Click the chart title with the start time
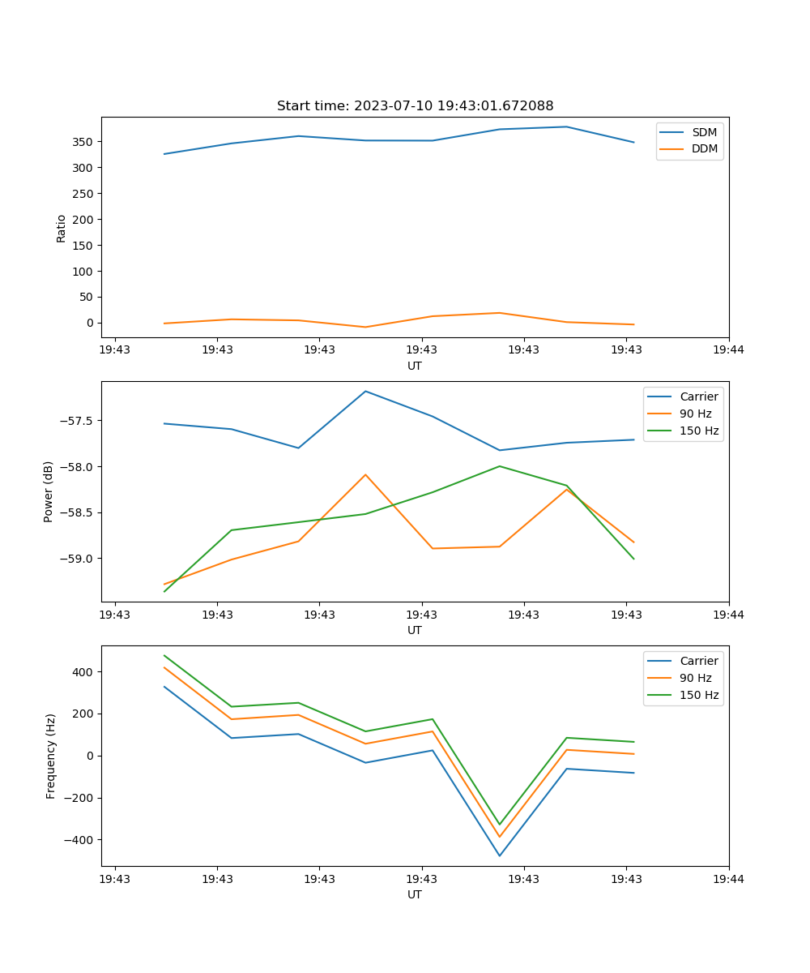coord(415,106)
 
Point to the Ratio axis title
coord(62,228)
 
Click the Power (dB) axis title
coord(49,491)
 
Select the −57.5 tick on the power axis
coord(75,421)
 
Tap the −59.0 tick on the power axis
coord(75,559)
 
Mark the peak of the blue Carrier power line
coord(365,392)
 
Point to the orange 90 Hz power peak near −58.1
coord(365,474)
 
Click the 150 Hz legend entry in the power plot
coord(699,431)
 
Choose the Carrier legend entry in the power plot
coord(698,396)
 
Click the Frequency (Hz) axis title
coord(51,756)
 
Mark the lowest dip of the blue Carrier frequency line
coord(500,855)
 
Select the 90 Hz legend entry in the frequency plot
coord(695,678)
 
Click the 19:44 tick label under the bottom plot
coord(729,878)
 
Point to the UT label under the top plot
coord(415,366)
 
